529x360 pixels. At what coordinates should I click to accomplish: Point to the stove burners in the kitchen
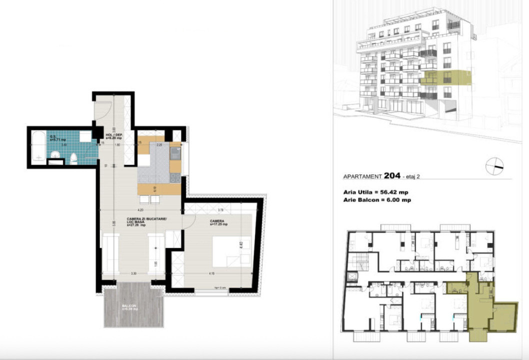point(175,177)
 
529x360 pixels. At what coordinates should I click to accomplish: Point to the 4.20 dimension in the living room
point(140,210)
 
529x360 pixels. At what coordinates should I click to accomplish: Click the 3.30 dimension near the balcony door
point(133,273)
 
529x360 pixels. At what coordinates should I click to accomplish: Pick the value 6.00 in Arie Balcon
point(391,199)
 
